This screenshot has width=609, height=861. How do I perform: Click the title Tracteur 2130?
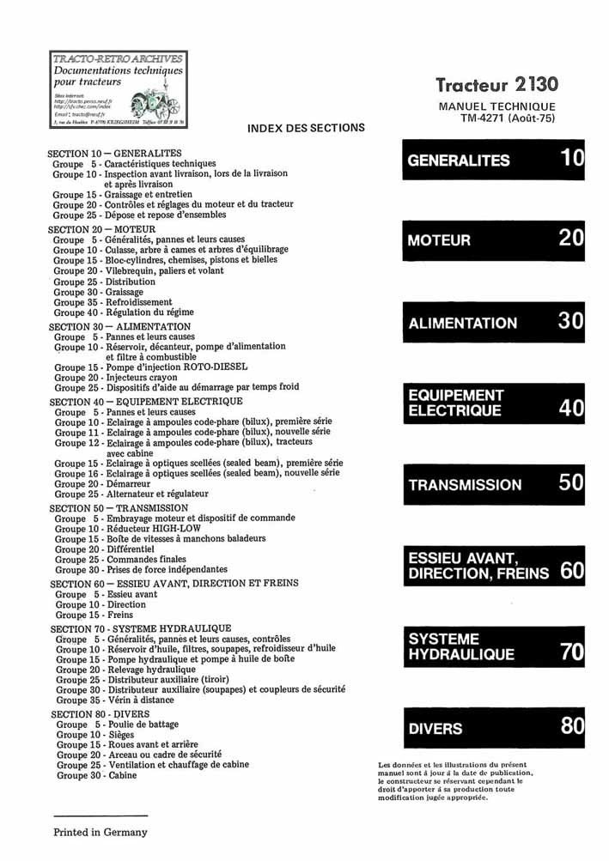coord(496,84)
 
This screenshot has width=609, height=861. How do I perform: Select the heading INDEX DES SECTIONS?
coord(306,128)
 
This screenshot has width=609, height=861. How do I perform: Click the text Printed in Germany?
coord(100,832)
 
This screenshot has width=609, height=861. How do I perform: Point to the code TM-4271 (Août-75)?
coord(507,118)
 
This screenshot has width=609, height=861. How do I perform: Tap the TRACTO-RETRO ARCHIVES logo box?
coord(118,89)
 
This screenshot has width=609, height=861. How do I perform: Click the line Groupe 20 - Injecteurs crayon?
coord(116,377)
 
